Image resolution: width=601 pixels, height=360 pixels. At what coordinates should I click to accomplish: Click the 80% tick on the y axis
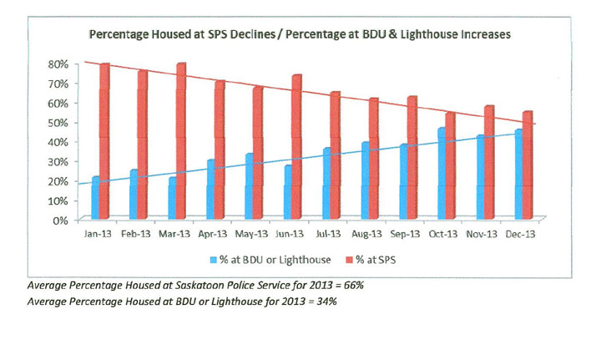(x=57, y=63)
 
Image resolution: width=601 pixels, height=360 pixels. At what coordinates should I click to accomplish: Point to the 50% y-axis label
(x=57, y=123)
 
